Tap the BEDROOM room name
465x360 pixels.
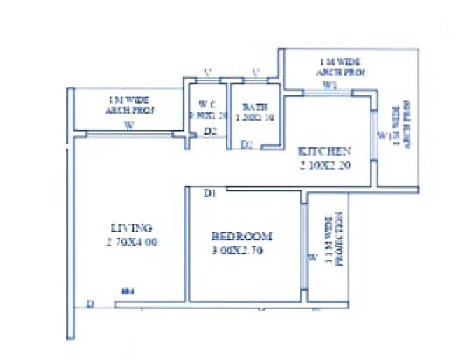(x=243, y=236)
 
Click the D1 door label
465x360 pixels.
(x=210, y=193)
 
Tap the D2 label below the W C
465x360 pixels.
(x=210, y=132)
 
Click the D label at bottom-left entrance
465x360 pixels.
(x=90, y=304)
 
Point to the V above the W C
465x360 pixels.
(x=206, y=72)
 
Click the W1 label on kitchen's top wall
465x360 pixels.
(x=330, y=87)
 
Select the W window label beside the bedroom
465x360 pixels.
(x=311, y=258)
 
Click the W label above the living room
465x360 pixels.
(x=128, y=126)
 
